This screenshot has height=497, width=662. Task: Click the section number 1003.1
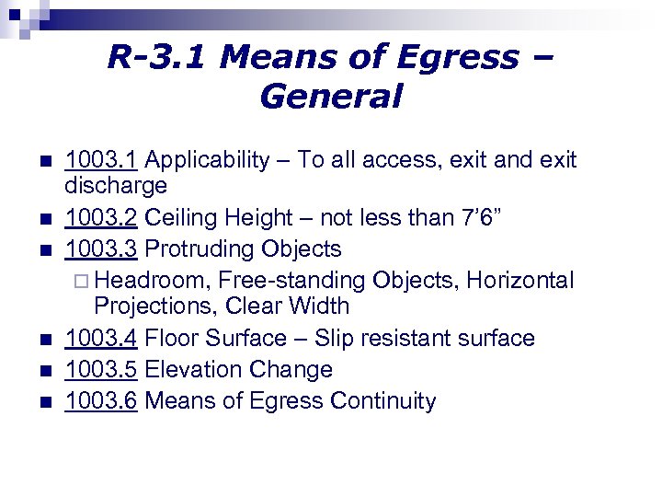[x=101, y=160]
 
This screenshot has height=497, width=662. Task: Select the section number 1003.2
[x=101, y=218]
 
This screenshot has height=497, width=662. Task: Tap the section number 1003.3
[x=101, y=248]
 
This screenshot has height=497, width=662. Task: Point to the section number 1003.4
[x=101, y=338]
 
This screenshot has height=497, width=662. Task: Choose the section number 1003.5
[x=101, y=369]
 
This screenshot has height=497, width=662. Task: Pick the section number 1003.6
[x=101, y=400]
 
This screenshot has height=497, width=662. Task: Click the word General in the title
[x=331, y=96]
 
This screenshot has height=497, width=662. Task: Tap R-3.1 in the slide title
[x=159, y=57]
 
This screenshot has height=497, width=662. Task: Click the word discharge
[x=116, y=186]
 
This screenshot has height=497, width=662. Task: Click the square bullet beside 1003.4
[x=47, y=340]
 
